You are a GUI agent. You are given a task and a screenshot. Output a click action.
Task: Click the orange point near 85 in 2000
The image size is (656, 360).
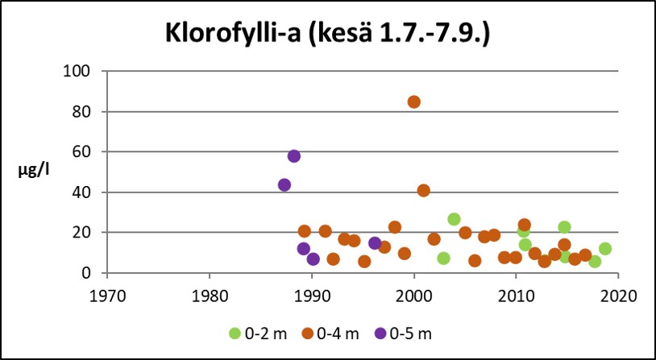[x=413, y=101]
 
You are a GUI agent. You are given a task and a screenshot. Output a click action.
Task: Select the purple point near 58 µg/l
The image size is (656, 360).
[x=294, y=155]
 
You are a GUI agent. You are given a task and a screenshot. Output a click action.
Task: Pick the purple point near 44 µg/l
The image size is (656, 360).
[x=284, y=184]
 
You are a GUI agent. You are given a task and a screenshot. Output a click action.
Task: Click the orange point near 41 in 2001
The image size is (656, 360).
[x=424, y=190]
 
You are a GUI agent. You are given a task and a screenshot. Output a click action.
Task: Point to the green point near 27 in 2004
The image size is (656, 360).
[x=455, y=219]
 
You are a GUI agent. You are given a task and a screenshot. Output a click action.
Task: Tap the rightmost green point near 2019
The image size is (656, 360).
[x=605, y=248]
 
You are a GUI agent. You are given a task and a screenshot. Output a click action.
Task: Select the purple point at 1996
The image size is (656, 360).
[x=375, y=243]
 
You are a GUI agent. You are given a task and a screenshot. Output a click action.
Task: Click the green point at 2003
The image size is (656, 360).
[x=443, y=258]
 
